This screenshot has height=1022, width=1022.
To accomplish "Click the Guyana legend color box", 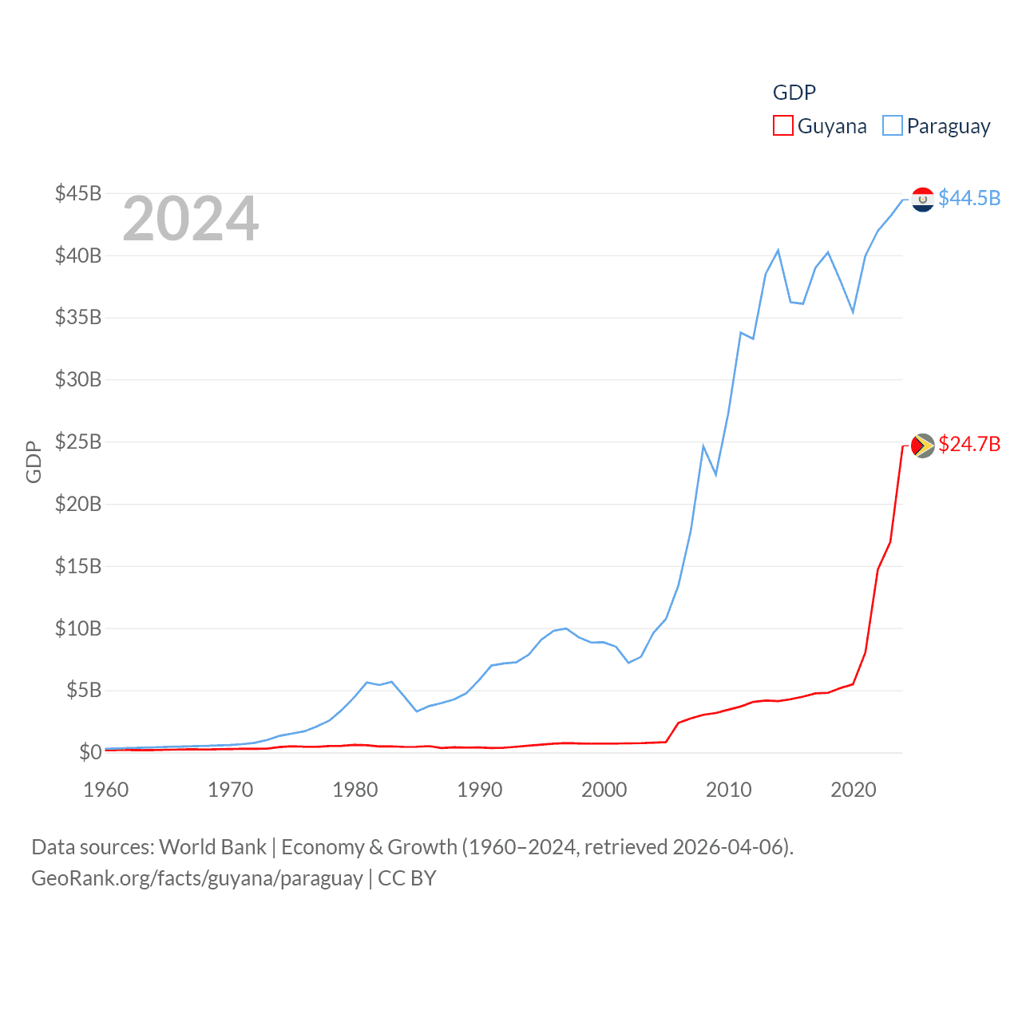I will point(782,126).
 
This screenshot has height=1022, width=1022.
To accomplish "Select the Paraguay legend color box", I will point(892,126).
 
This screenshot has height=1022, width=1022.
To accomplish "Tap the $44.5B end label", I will point(969,198).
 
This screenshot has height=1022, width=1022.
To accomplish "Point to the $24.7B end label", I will point(969,444).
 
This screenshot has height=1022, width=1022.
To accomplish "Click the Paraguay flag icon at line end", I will point(922,199).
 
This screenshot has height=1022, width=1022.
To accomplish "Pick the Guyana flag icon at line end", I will point(922,445).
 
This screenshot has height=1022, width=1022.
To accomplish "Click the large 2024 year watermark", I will point(190,219).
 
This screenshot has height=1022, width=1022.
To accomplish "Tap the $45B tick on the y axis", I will point(78,193).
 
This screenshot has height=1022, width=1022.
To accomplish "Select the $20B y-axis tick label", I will point(78,504).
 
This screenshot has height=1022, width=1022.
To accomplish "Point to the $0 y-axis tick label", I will point(90,752).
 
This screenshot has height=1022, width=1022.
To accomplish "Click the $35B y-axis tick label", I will point(78,317).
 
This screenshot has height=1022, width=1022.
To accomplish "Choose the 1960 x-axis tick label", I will point(106,790).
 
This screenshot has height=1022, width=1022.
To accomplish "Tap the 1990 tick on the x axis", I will point(480,790).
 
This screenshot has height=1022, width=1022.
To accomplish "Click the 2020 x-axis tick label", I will point(854,790).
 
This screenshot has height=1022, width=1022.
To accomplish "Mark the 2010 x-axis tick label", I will point(729,790).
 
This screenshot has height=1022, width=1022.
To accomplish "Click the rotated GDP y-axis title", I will point(34,461).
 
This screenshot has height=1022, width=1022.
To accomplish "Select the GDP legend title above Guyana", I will point(794,93).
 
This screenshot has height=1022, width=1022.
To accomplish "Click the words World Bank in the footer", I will point(212,846).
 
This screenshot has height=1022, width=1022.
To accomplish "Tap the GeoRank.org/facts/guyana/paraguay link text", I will point(197,878).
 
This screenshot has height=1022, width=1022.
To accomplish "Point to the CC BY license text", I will point(407,878).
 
